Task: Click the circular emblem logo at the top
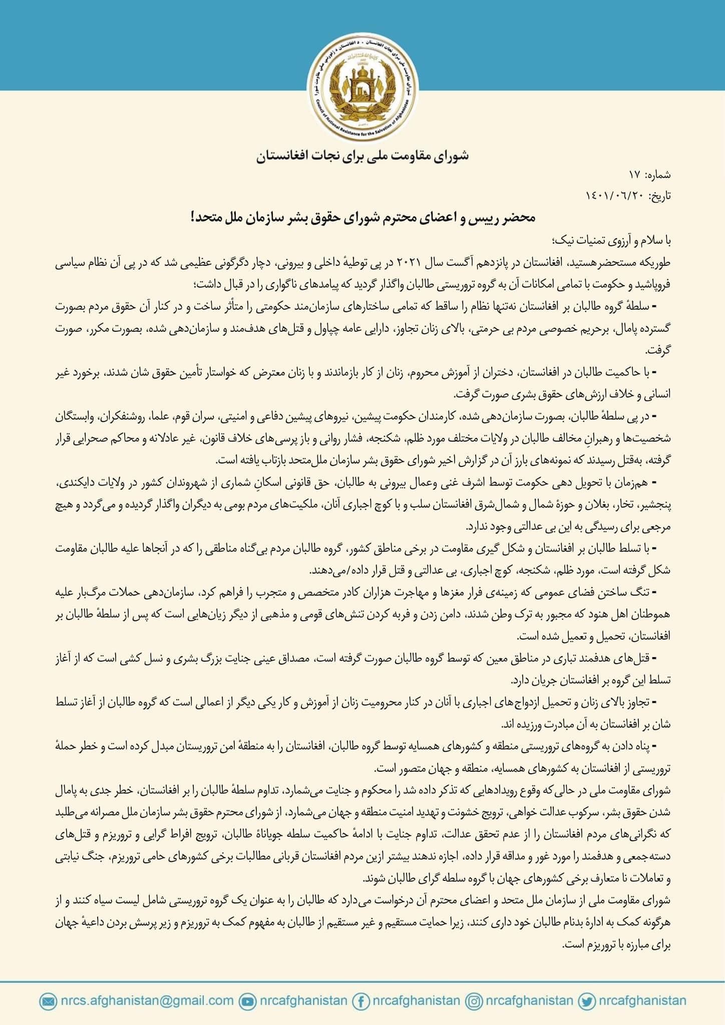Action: [362, 87]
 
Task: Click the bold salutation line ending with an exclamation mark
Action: [362, 218]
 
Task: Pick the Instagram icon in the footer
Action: [474, 1001]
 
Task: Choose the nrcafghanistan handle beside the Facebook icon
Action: [416, 1000]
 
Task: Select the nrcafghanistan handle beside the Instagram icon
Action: [529, 1000]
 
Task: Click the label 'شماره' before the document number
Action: [659, 176]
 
